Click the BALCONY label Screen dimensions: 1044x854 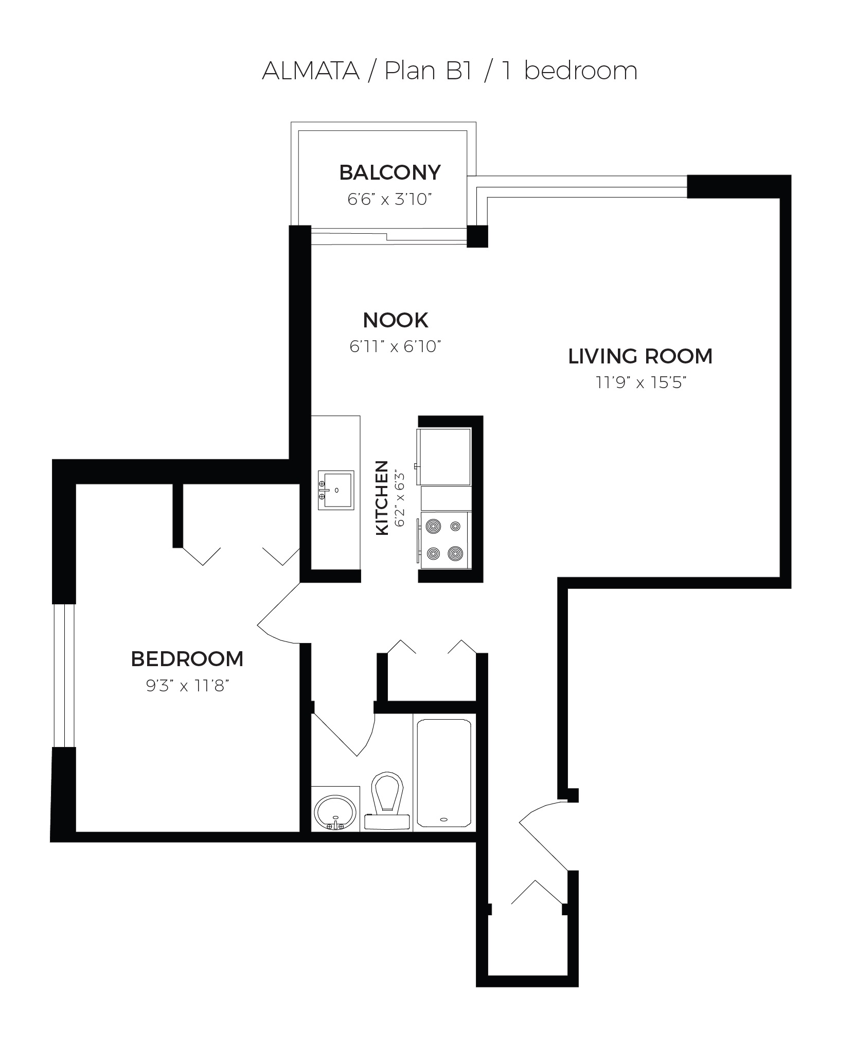389,173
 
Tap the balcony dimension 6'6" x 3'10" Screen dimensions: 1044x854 388,199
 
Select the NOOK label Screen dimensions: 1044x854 395,321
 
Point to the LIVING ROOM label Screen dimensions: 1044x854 640,356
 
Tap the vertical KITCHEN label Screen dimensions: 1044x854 382,498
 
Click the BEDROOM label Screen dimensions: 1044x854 187,659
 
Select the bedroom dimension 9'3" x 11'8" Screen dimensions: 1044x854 187,686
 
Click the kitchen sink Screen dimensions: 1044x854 335,490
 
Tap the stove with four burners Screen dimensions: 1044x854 446,540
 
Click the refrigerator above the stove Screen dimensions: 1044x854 446,456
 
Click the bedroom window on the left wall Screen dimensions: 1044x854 64,675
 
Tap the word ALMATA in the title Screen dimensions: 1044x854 310,71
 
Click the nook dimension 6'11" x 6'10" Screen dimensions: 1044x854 395,346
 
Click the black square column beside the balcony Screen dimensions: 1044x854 477,236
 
